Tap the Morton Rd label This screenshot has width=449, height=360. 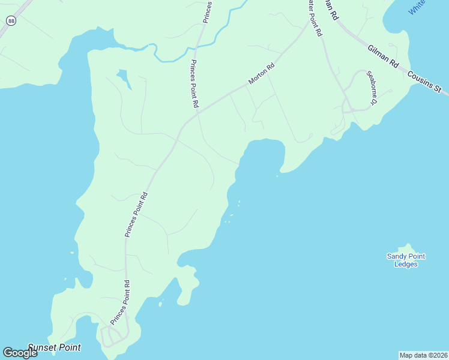[262, 73]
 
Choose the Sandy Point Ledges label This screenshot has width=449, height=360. [406, 260]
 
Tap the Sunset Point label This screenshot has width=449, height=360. [54, 347]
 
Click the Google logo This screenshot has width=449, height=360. [20, 353]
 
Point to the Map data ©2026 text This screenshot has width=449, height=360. [423, 355]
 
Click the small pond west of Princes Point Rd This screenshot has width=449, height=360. [124, 77]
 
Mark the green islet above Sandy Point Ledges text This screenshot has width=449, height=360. [408, 248]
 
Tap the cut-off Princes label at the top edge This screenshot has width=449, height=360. [207, 11]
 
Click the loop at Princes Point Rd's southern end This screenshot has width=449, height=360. [113, 337]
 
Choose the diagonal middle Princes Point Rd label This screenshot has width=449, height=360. [136, 215]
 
